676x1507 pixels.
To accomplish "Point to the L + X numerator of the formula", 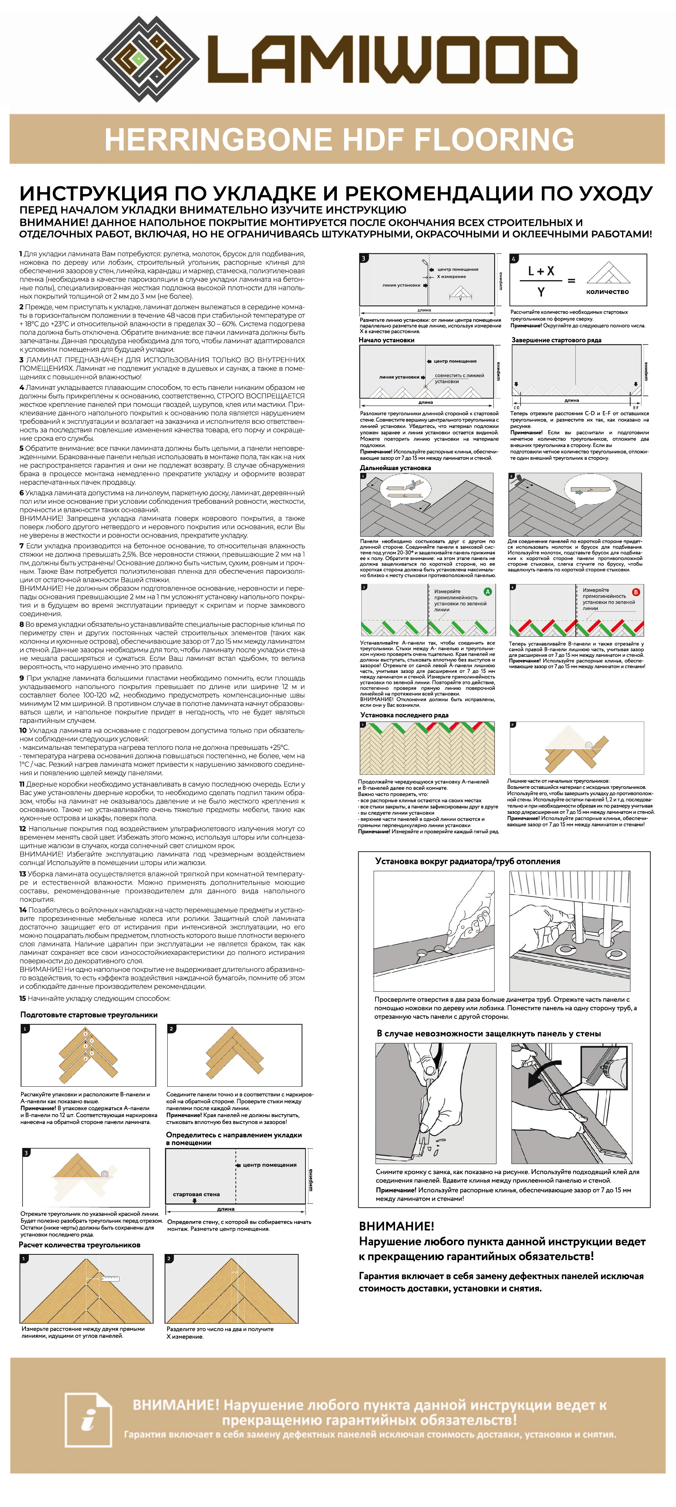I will coord(541,271).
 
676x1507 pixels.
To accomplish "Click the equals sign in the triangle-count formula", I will coord(571,281).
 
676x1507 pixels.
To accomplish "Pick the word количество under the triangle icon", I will coord(607,291).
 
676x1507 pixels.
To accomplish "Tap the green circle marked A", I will coord(488,591).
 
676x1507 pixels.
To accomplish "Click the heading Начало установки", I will coord(387,340).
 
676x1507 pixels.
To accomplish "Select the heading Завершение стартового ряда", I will coord(556,340).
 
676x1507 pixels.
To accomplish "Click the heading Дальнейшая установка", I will coord(395,468).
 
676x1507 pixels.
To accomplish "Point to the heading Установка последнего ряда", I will coord(404,715).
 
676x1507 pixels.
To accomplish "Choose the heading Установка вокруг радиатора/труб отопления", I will coord(467,861).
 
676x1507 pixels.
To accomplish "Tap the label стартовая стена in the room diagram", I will coord(196,1194).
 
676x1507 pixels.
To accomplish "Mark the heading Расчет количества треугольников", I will coord(80,1245).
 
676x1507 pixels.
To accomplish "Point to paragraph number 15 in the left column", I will coord(23,999).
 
